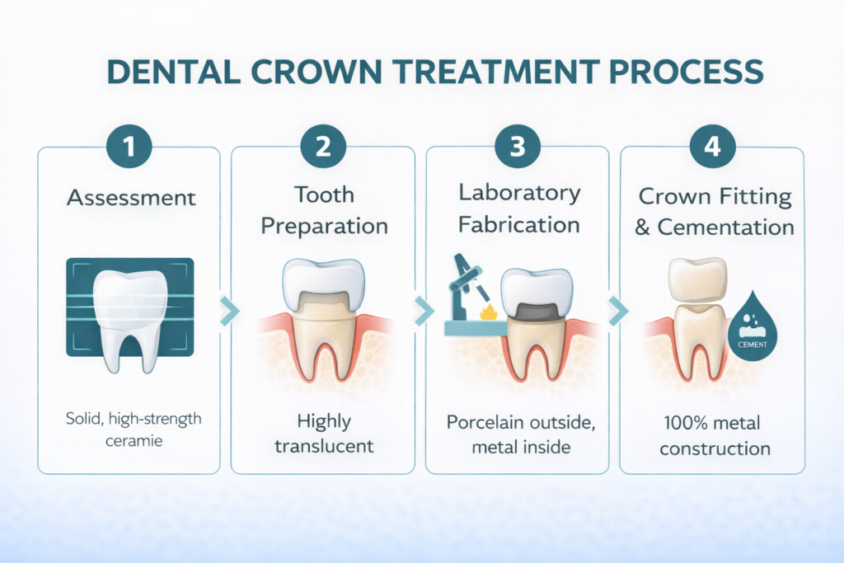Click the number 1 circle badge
129,148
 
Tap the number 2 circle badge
324,148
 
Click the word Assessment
131,198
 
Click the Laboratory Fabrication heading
518,209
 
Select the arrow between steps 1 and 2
231,311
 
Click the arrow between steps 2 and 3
424,311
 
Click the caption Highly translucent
325,434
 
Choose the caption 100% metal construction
714,436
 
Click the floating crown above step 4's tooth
698,278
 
